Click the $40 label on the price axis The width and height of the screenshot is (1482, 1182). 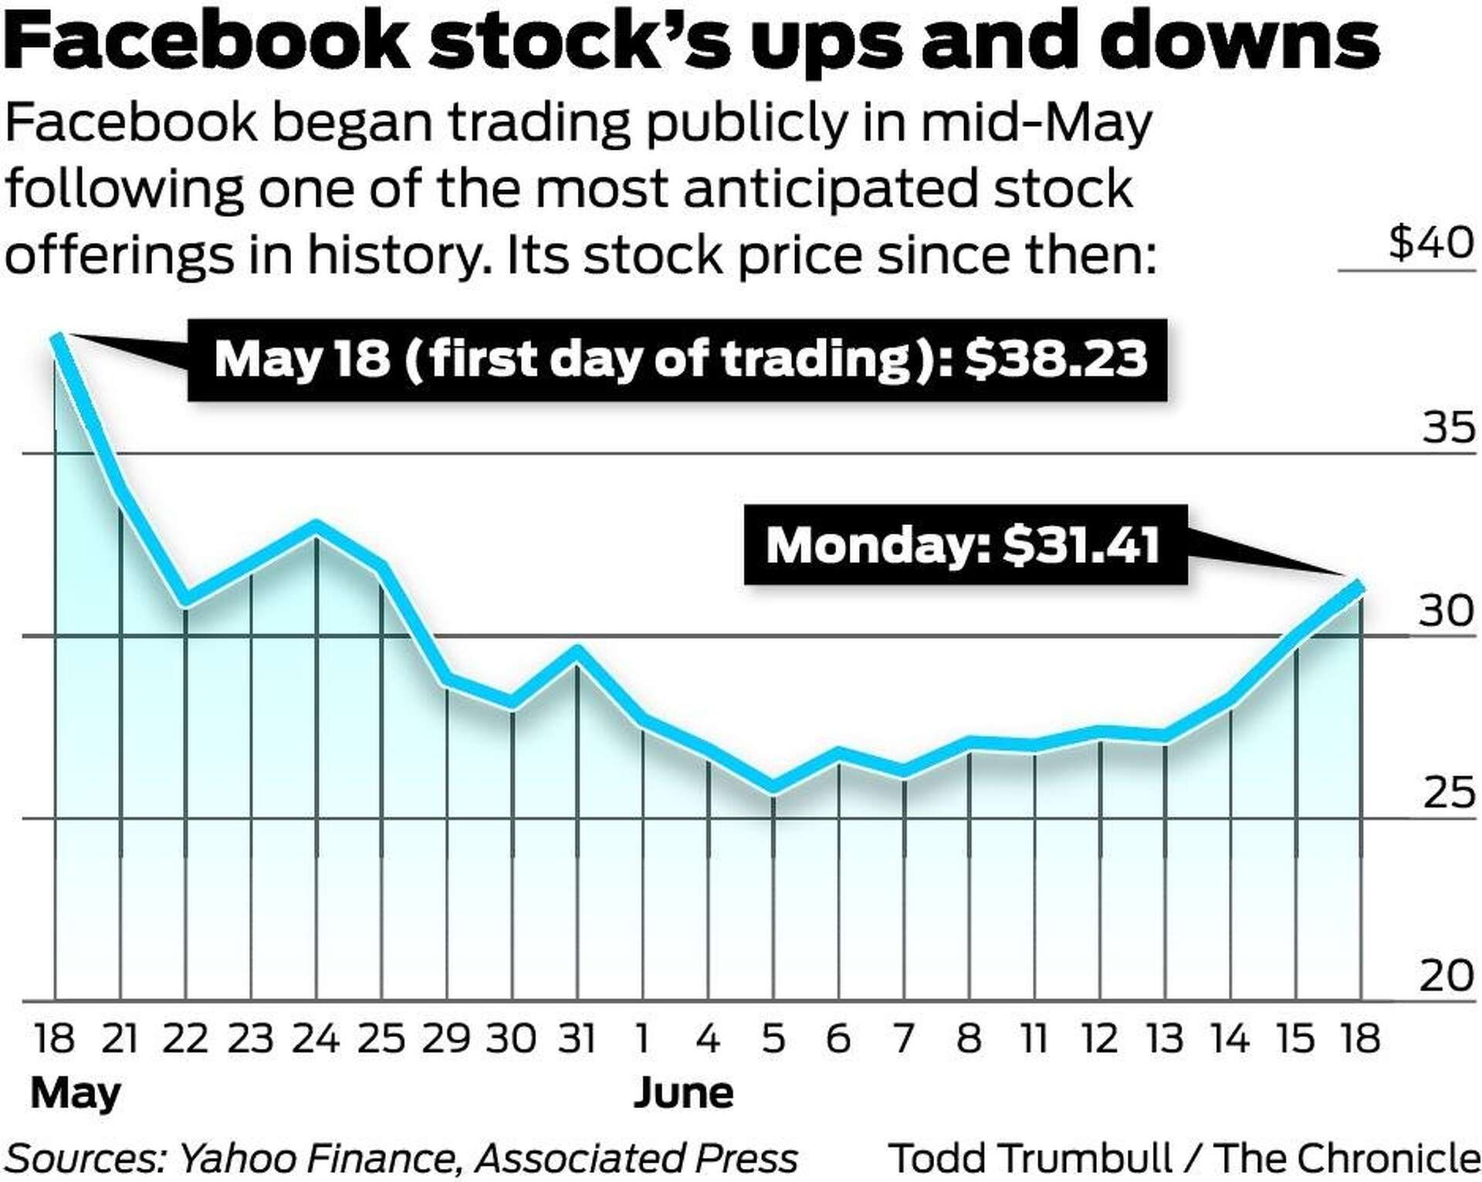tap(1431, 243)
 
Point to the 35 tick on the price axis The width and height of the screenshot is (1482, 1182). tap(1448, 427)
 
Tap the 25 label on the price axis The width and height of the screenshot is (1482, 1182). tap(1448, 793)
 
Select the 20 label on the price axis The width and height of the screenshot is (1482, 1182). tap(1447, 976)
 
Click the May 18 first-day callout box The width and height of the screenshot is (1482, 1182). tap(677, 361)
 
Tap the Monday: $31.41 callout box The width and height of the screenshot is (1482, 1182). tap(964, 545)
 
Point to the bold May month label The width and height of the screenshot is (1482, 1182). tap(76, 1094)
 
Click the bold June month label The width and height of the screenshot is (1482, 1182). tap(683, 1093)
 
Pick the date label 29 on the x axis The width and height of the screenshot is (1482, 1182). tap(445, 1038)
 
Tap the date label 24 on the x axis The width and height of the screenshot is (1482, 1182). tap(316, 1038)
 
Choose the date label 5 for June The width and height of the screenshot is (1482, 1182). tap(773, 1038)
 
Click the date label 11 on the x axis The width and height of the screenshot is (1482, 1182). tap(1034, 1038)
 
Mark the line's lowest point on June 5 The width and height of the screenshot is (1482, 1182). tap(773, 787)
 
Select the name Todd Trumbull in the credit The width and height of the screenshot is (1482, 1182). tap(1031, 1158)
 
